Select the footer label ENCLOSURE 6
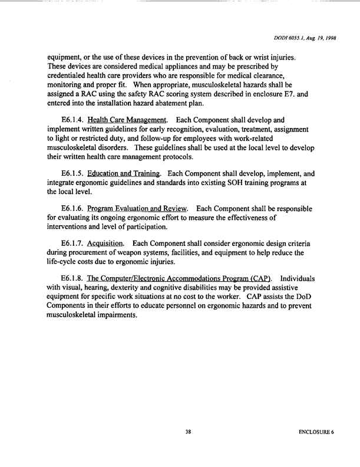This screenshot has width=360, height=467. point(316,433)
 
